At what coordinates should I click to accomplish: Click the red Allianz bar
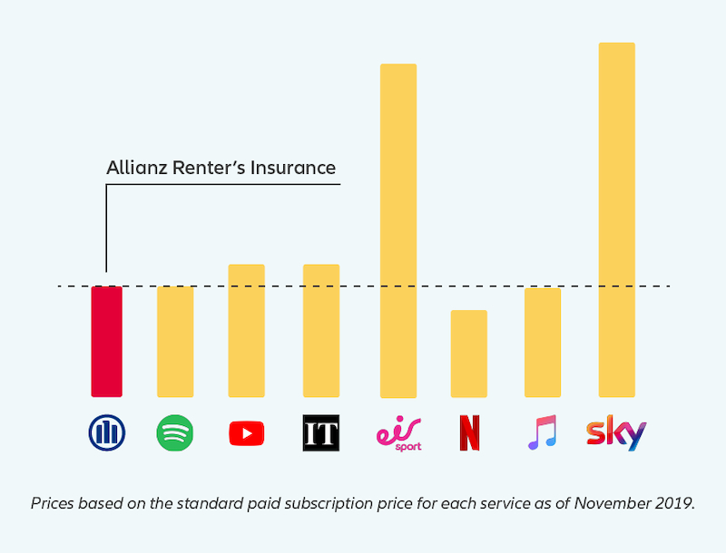[106, 342]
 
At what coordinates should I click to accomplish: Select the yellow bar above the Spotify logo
[175, 342]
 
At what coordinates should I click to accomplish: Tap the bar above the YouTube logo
[246, 331]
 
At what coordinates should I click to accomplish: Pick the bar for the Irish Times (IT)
[320, 331]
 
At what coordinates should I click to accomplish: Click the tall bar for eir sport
[397, 231]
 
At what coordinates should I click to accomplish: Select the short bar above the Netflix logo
[469, 354]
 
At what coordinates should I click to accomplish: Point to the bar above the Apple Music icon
[543, 343]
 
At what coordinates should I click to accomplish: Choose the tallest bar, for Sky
[617, 220]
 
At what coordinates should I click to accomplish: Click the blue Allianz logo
[107, 433]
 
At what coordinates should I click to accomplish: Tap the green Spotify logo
[175, 433]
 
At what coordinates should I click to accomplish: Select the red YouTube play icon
[246, 434]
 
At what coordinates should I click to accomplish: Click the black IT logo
[320, 434]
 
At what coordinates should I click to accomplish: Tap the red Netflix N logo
[469, 434]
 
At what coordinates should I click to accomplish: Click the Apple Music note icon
[543, 433]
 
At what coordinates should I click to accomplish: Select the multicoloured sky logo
[616, 433]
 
